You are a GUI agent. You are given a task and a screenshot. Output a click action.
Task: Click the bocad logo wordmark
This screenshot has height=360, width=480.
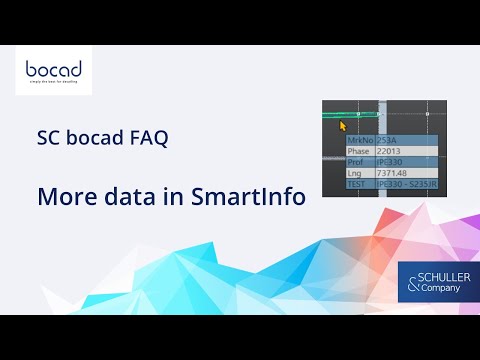pos(53,72)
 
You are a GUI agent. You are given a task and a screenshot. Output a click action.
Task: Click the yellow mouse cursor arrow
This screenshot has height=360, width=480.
pos(342,126)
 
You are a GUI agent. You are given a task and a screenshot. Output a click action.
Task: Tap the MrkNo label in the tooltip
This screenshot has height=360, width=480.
pos(359,141)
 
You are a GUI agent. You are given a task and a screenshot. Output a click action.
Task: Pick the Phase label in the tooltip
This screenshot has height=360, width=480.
pos(358,151)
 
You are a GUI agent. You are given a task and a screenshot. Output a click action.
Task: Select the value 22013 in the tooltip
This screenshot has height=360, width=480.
pos(390,151)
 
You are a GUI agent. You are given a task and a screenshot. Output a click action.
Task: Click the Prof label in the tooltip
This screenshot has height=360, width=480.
pos(355,162)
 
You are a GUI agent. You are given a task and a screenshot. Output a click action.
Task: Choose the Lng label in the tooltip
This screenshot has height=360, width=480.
pos(354,173)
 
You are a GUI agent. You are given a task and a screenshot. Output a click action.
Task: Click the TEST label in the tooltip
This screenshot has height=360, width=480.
pos(356,184)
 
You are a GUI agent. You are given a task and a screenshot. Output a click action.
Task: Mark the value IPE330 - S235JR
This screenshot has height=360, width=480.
pos(405,184)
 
